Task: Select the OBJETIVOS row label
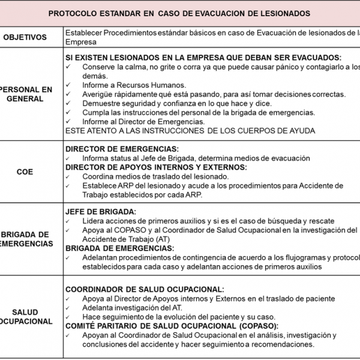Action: click(25, 37)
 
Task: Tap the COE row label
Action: click(25, 172)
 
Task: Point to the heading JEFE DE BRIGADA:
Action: click(100, 211)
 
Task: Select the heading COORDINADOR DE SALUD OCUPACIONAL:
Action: click(144, 289)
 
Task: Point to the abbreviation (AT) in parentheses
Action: click(163, 239)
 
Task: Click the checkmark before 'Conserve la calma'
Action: click(69, 67)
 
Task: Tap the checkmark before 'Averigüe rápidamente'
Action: click(69, 94)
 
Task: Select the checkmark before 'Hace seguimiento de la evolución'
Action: click(69, 316)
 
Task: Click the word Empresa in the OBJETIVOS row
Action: click(80, 42)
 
